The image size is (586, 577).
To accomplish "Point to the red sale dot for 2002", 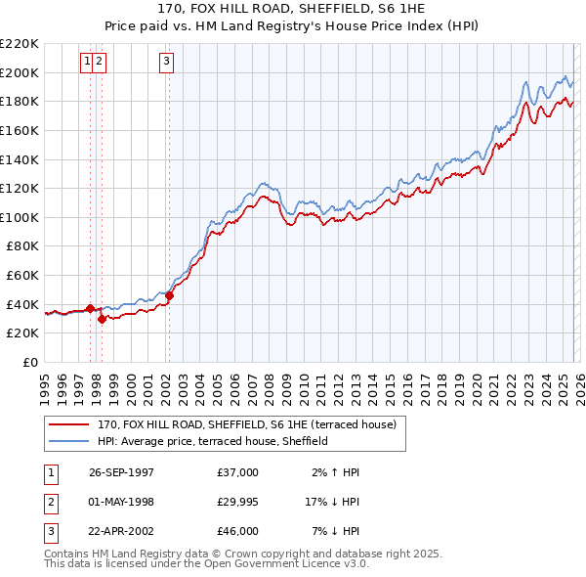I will click(x=169, y=294).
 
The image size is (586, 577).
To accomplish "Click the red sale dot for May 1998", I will click(x=102, y=318).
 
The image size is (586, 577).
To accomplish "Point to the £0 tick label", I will click(x=29, y=362).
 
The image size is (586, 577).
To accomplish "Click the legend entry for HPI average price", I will click(x=212, y=441).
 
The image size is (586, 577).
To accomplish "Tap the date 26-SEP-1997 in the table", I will click(x=121, y=472).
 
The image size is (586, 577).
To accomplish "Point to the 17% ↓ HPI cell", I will click(x=332, y=502).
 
